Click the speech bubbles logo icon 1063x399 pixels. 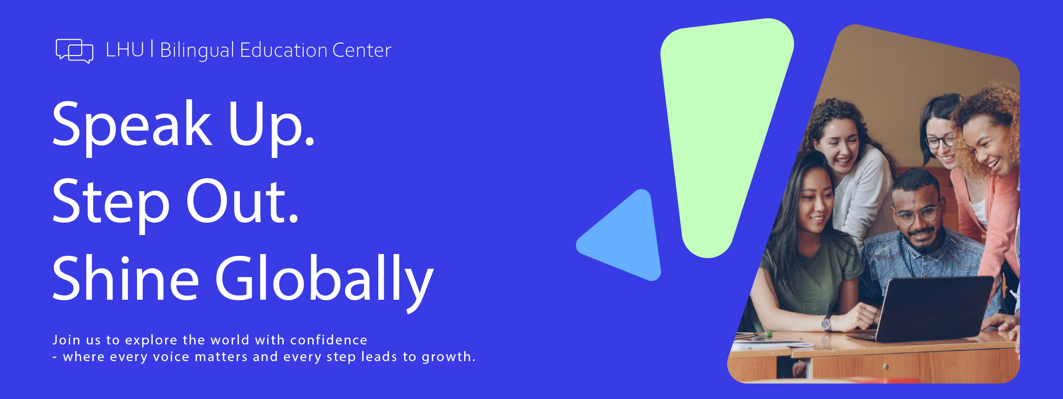point(74,51)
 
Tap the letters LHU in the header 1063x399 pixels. point(125,50)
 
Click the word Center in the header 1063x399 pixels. point(362,50)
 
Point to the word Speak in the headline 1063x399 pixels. point(132,126)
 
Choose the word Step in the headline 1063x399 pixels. point(111,203)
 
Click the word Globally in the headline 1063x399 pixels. point(325,281)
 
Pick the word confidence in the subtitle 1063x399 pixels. point(328,340)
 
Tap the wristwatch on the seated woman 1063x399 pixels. point(826,323)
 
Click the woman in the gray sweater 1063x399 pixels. point(854,171)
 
